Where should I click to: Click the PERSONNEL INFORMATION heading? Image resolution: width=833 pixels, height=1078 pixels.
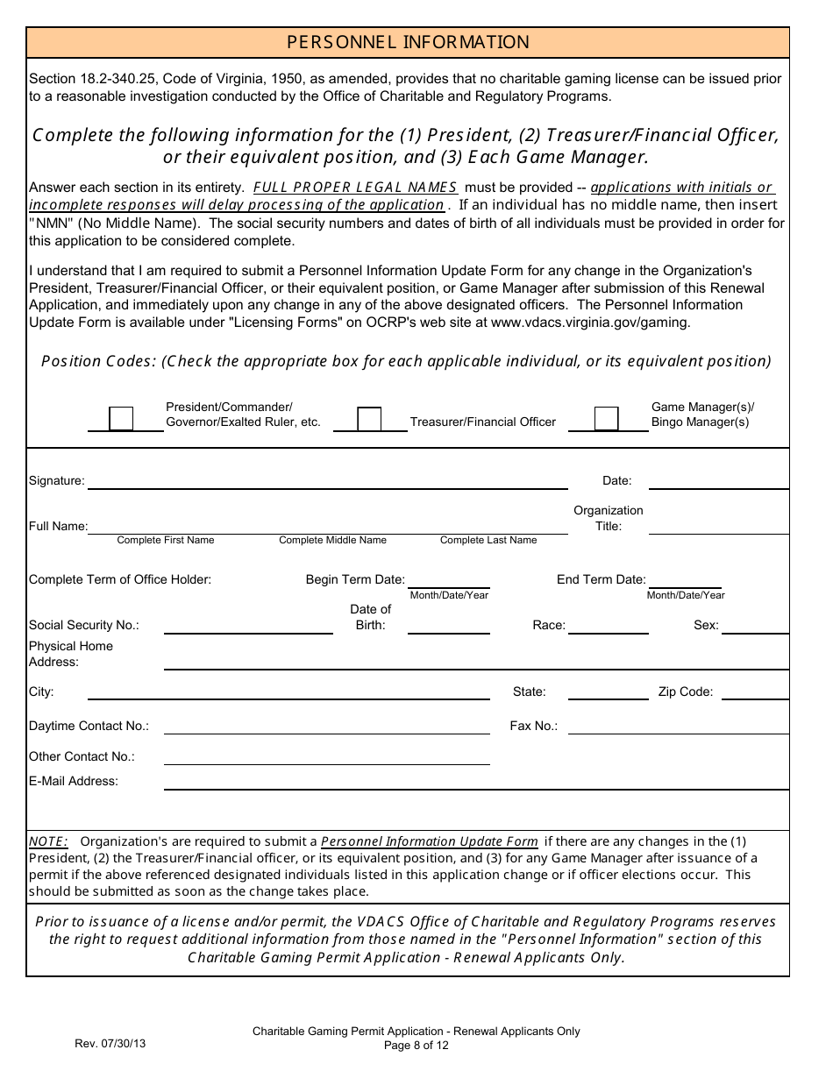tap(408, 42)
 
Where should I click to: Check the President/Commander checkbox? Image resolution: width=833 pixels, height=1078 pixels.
tap(121, 418)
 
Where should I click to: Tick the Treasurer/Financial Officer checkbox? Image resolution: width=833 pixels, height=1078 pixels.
tap(370, 418)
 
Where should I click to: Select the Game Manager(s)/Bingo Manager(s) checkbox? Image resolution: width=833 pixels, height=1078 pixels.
tap(607, 418)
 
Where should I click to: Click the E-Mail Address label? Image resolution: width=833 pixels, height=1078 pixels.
tap(74, 781)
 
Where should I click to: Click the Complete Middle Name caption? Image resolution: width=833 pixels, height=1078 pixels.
tap(332, 540)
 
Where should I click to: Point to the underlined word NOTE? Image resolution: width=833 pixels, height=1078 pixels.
tap(48, 841)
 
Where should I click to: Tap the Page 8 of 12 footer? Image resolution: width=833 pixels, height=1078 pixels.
tap(416, 1045)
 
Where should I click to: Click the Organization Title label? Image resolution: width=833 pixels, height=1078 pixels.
tap(609, 518)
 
